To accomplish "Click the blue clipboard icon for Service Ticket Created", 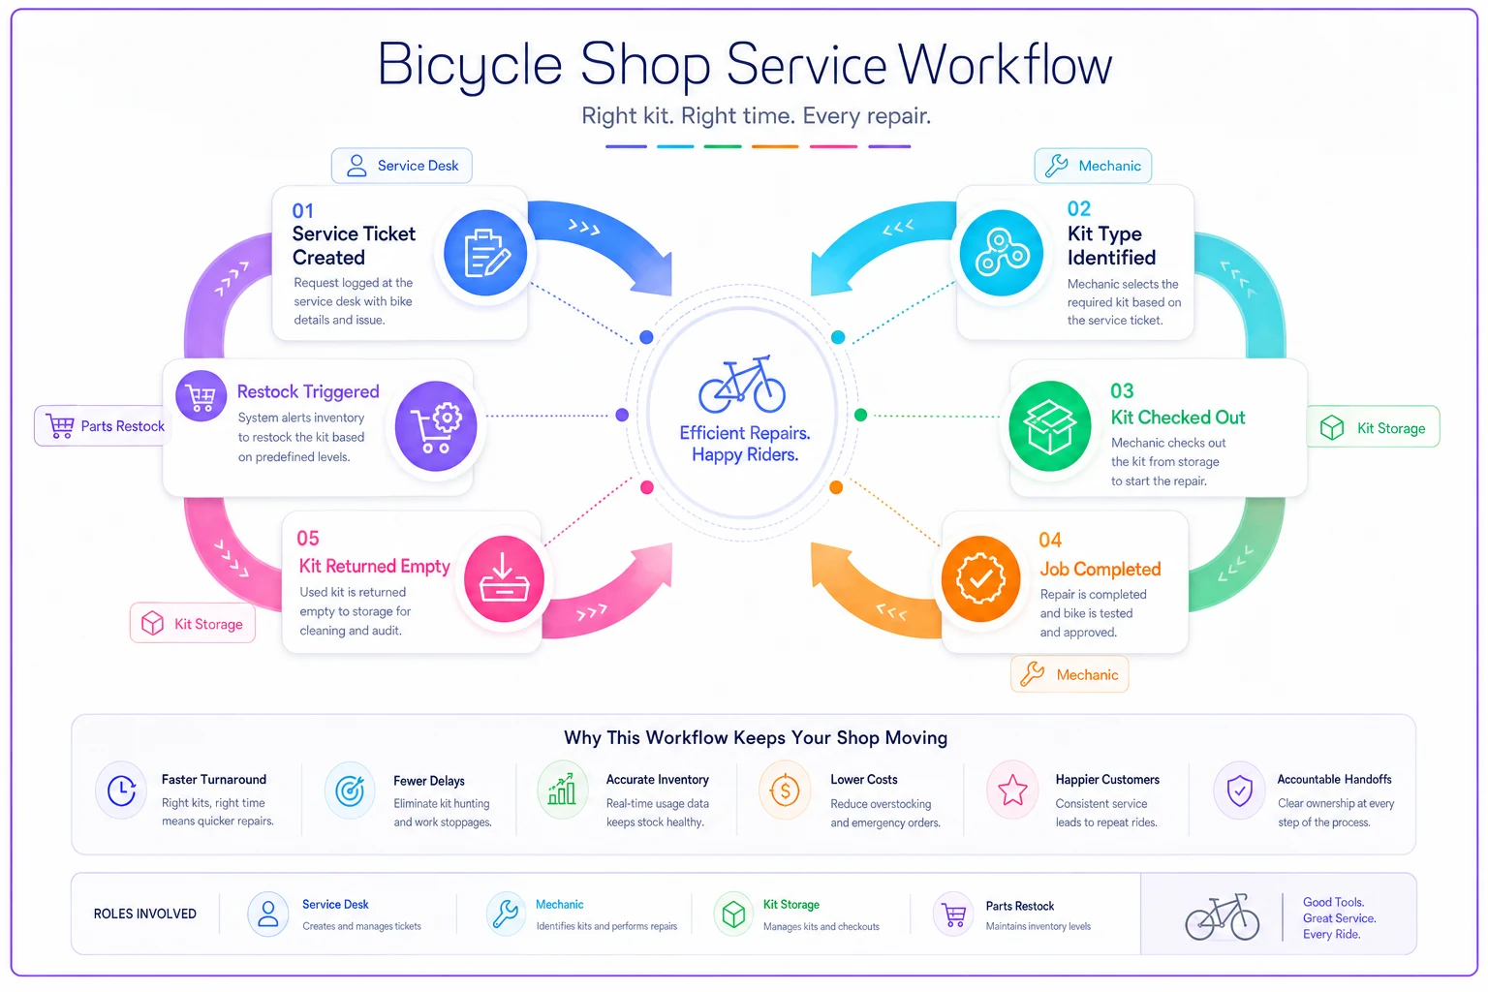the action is click(485, 253).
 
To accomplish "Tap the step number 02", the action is click(1079, 208).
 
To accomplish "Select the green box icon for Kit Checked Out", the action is click(1049, 426).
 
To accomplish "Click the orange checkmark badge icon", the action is click(980, 578).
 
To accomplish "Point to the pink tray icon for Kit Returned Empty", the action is click(504, 578).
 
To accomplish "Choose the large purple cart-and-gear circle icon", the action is click(436, 426).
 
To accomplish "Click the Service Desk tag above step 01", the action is click(402, 166).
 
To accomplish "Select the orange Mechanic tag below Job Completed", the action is click(1069, 674).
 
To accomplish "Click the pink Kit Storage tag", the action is click(193, 623).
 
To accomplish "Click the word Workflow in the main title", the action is click(1005, 65).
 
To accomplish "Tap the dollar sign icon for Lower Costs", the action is click(785, 790).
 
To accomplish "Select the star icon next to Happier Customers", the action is click(1012, 790).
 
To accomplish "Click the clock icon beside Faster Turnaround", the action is click(121, 790).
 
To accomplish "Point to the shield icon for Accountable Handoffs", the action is click(1240, 790).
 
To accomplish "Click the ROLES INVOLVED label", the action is click(144, 914).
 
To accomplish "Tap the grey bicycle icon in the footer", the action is click(1223, 916).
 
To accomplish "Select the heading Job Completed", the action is click(1100, 569).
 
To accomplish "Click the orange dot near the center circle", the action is click(836, 487).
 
